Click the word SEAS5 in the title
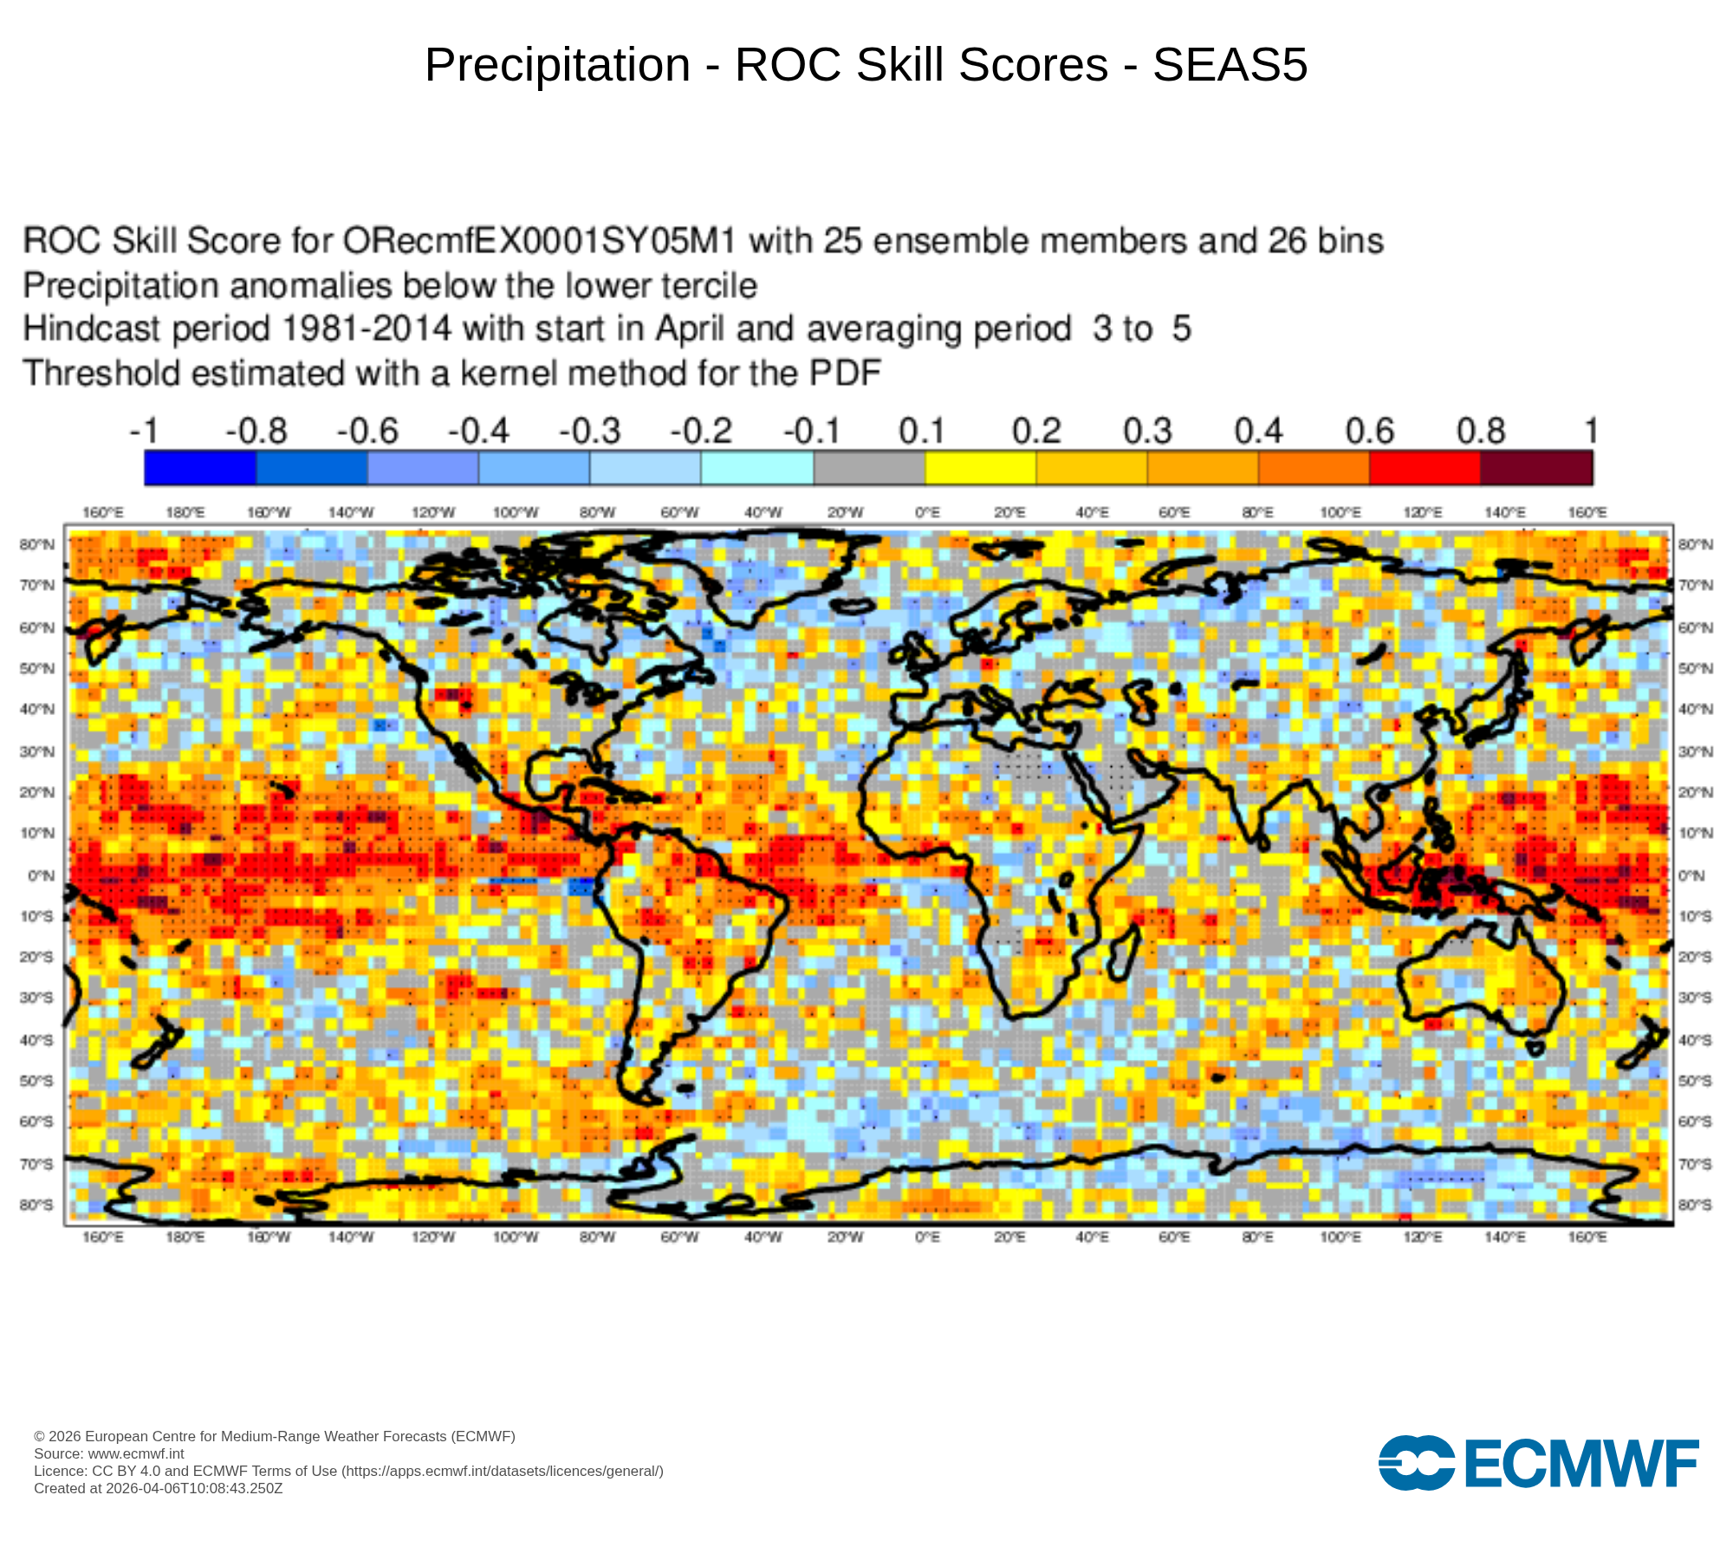1230,65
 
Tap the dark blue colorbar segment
200,468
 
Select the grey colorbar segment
869,468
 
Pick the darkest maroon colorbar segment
1536,468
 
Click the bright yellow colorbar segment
980,468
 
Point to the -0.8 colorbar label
256,431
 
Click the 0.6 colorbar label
1369,431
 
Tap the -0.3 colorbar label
590,431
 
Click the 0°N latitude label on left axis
41,875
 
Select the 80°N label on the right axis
1695,544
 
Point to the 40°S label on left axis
36,1040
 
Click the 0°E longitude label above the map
927,513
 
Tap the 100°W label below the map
516,1237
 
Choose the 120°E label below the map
1423,1237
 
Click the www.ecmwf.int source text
136,1453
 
